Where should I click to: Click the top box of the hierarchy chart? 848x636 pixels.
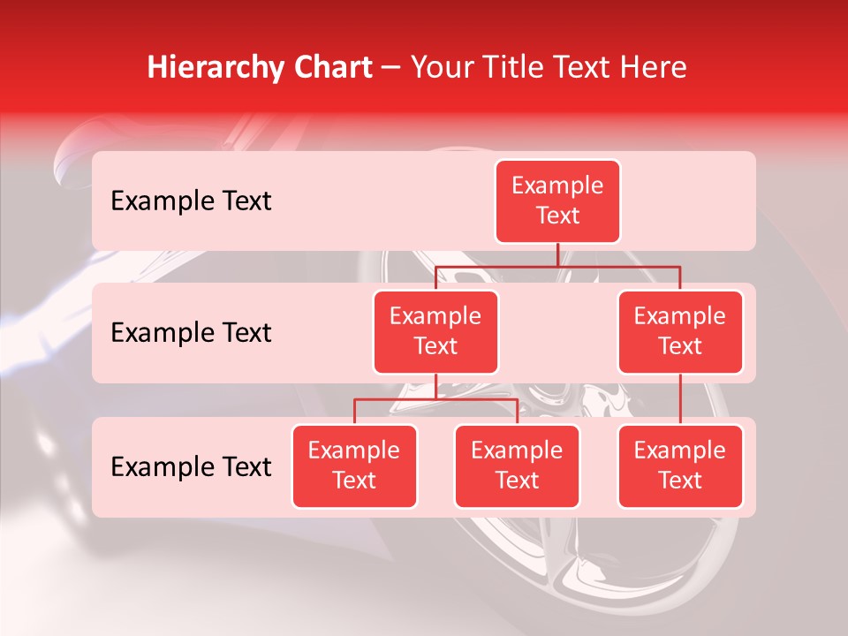click(x=557, y=201)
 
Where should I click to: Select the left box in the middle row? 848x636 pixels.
click(x=435, y=332)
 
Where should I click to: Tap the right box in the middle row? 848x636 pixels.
click(x=680, y=332)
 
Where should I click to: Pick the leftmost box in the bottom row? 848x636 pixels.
click(x=354, y=466)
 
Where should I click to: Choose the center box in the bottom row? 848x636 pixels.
click(x=517, y=466)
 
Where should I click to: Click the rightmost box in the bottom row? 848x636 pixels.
click(x=680, y=466)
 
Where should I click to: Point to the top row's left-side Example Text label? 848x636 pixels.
click(x=191, y=201)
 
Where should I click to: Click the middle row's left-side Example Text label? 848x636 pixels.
click(x=191, y=333)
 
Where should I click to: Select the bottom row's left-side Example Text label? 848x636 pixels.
click(x=191, y=467)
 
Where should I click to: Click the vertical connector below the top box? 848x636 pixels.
click(x=557, y=254)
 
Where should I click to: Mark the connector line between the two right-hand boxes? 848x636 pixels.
click(x=680, y=399)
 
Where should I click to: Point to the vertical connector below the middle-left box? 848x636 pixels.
click(x=435, y=387)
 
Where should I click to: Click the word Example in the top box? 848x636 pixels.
click(x=557, y=186)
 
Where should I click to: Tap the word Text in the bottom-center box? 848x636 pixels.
click(x=517, y=481)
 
